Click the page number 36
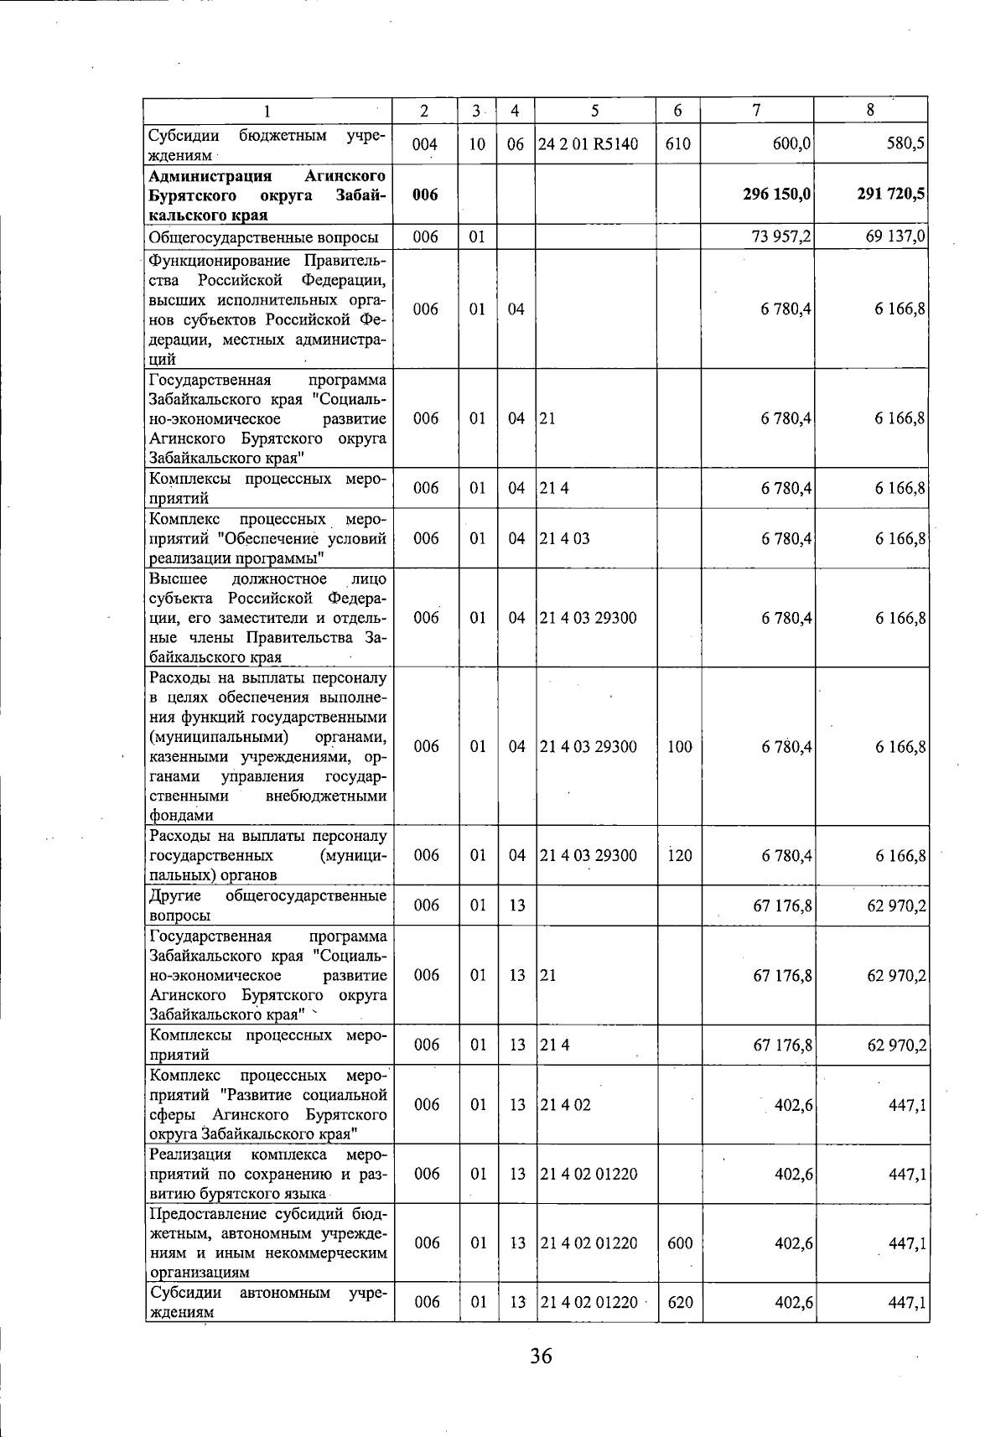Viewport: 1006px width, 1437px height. click(541, 1356)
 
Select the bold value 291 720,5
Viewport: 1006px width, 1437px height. click(891, 195)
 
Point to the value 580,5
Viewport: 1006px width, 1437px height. click(905, 143)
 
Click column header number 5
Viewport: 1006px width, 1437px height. click(594, 110)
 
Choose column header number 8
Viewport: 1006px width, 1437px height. click(870, 109)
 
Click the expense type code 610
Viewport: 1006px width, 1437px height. click(677, 144)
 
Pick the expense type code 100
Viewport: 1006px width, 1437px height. click(679, 746)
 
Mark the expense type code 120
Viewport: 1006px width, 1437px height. click(679, 855)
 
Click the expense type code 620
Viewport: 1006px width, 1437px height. click(679, 1302)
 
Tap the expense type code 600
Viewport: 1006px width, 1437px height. click(679, 1242)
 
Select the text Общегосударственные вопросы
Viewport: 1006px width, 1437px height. click(263, 237)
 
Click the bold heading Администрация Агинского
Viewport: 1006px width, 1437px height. click(267, 176)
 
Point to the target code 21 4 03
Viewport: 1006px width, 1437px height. click(565, 538)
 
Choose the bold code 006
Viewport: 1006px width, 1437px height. click(425, 195)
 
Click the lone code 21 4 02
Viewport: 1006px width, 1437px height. click(565, 1105)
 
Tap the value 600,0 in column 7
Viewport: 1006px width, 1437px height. click(791, 144)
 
